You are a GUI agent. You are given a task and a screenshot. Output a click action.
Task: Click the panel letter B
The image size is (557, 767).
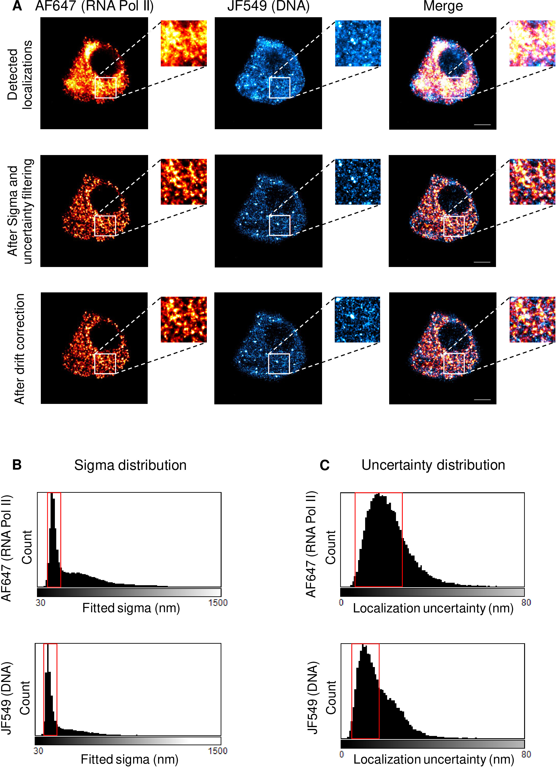click(x=17, y=465)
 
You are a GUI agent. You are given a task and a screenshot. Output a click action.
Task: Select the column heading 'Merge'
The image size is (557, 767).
click(x=443, y=6)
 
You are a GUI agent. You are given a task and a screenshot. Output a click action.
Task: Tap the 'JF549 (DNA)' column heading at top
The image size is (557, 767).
click(x=268, y=6)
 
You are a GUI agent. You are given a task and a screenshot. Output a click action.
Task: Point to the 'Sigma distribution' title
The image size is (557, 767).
click(x=130, y=465)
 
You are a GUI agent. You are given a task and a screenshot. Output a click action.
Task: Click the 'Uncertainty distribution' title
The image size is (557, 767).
click(x=433, y=465)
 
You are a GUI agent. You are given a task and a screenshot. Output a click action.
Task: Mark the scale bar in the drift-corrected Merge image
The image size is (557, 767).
click(x=482, y=399)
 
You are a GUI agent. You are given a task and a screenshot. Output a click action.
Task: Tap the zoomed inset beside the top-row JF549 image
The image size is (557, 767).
click(x=358, y=43)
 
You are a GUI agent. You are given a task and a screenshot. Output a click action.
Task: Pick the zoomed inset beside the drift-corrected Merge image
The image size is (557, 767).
click(x=532, y=320)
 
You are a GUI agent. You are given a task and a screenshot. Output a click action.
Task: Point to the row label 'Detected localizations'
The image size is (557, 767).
click(x=20, y=75)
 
